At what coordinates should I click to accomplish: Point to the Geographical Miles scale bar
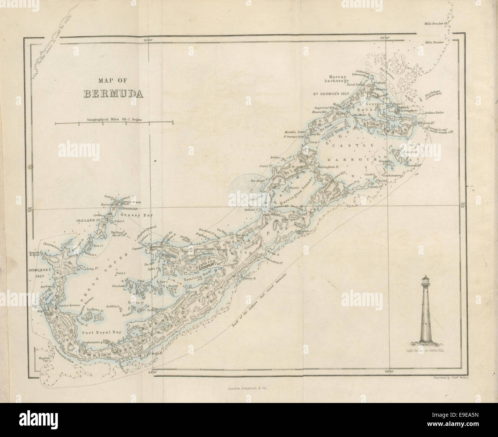114,123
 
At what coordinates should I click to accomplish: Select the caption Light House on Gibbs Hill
426,350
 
